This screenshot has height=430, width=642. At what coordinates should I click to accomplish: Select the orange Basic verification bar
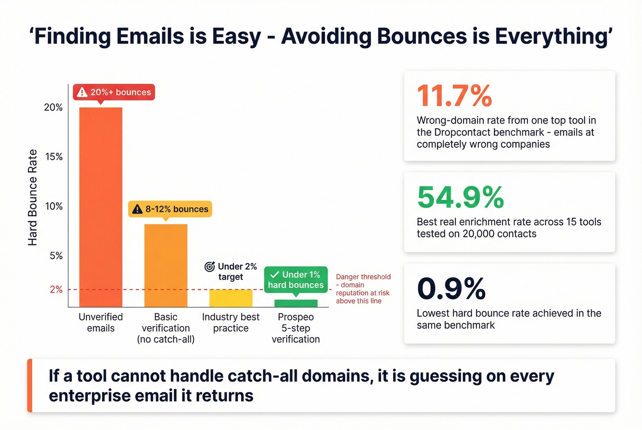pyautogui.click(x=166, y=266)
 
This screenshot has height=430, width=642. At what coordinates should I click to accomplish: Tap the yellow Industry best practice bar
pyautogui.click(x=231, y=298)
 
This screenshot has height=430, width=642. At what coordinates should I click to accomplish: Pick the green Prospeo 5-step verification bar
pyautogui.click(x=296, y=303)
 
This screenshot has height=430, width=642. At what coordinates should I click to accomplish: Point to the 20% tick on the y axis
pyautogui.click(x=53, y=107)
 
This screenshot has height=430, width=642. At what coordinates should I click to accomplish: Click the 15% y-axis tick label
pyautogui.click(x=54, y=157)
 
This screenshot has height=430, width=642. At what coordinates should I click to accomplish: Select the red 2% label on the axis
pyautogui.click(x=56, y=289)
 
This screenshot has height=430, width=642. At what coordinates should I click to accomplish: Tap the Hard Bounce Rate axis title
pyautogui.click(x=33, y=197)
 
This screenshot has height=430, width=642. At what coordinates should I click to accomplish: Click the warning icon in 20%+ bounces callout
pyautogui.click(x=82, y=93)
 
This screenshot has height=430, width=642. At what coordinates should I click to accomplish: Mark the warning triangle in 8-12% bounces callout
pyautogui.click(x=137, y=209)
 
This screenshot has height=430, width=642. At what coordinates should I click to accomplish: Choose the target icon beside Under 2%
pyautogui.click(x=210, y=267)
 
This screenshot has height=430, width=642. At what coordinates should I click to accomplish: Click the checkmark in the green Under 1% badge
pyautogui.click(x=275, y=275)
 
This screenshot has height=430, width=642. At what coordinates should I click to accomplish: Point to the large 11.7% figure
pyautogui.click(x=454, y=96)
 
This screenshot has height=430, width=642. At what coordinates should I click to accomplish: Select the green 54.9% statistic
pyautogui.click(x=460, y=197)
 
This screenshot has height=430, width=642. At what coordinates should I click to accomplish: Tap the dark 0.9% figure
pyautogui.click(x=451, y=289)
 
